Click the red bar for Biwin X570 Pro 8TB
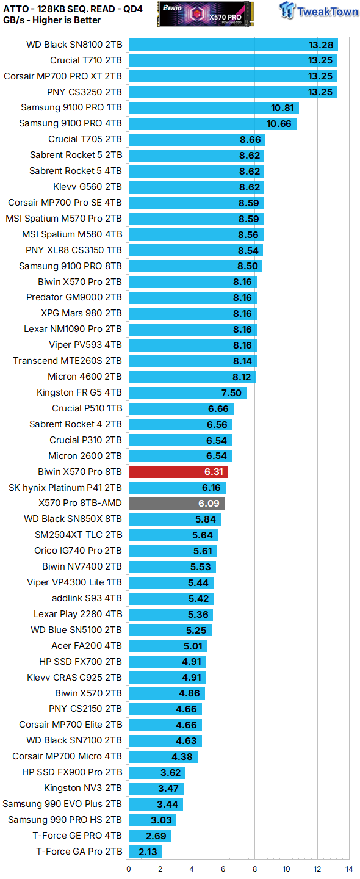click(x=178, y=472)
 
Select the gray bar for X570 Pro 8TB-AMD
click(x=176, y=504)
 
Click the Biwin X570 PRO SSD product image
click(x=205, y=13)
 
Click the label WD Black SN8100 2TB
click(x=74, y=45)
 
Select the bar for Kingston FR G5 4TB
click(x=187, y=392)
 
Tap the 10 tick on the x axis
click(x=286, y=869)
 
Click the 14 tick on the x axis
click(x=348, y=869)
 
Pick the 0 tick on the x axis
click(x=129, y=869)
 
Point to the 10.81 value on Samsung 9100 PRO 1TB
click(x=283, y=108)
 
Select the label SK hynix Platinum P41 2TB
click(x=65, y=488)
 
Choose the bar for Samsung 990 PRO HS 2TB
click(x=153, y=820)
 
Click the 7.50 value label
click(x=231, y=392)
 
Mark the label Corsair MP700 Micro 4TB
click(x=67, y=756)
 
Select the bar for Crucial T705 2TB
click(x=196, y=139)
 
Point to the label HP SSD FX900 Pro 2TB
click(x=72, y=772)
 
